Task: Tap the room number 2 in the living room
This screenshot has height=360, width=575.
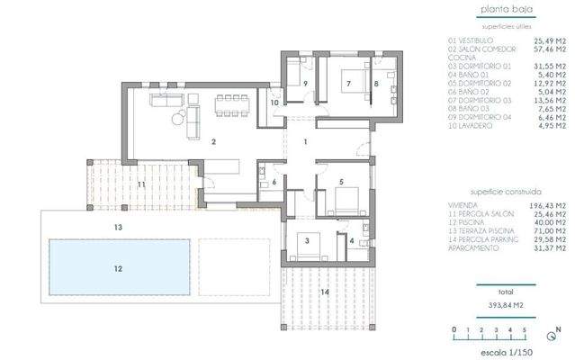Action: pyautogui.click(x=213, y=142)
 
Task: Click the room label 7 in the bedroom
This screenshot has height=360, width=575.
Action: pyautogui.click(x=346, y=84)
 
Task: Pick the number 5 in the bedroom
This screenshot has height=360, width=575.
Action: pyautogui.click(x=341, y=183)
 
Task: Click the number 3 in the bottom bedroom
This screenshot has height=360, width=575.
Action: pyautogui.click(x=308, y=240)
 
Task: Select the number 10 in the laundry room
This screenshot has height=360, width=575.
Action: pyautogui.click(x=274, y=103)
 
